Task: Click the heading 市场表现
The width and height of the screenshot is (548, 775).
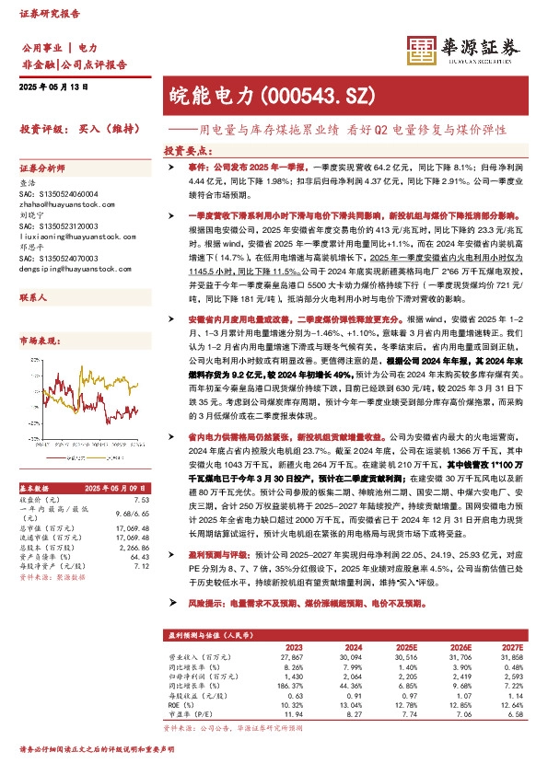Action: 38,340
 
